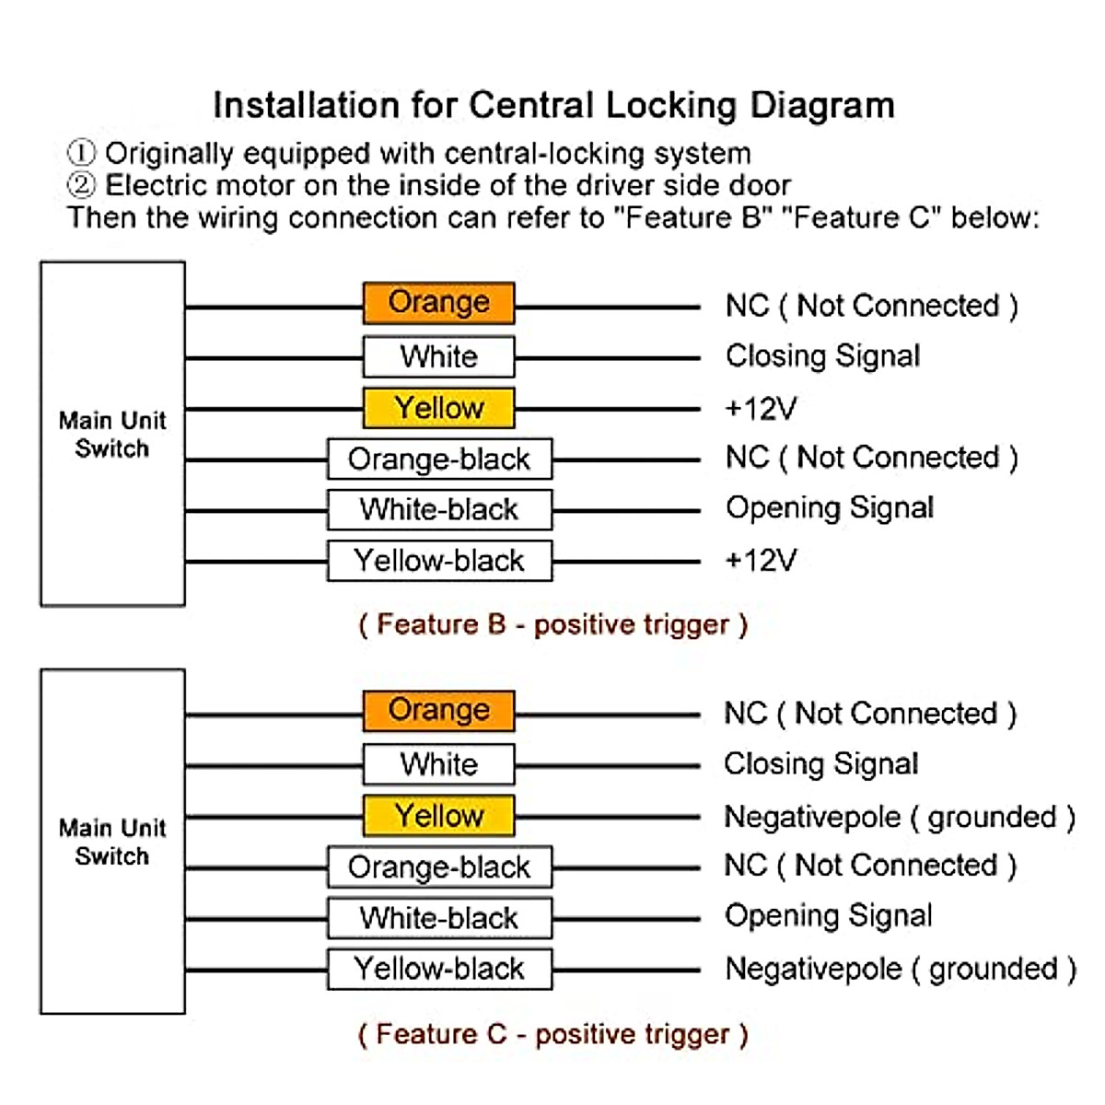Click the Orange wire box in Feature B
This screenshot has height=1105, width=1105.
pos(438,303)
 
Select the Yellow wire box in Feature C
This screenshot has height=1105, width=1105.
pos(438,816)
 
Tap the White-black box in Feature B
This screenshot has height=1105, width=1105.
pos(439,509)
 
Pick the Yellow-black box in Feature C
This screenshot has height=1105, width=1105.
pos(439,969)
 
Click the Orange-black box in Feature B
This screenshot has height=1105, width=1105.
pos(439,459)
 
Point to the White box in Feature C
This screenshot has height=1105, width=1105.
pos(438,764)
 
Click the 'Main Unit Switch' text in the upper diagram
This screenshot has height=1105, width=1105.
pos(112,435)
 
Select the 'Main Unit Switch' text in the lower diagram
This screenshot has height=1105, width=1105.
pos(112,842)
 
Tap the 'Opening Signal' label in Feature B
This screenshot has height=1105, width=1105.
pos(830,508)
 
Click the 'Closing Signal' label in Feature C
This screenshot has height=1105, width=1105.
pos(820,764)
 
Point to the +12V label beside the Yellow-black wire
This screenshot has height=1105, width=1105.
pos(761,560)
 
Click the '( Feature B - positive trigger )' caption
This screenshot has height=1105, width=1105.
pos(552,625)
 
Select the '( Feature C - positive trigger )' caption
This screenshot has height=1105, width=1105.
pos(552,1034)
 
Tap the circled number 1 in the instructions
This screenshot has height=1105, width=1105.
pos(81,153)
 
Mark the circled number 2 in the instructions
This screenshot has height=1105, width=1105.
pos(81,185)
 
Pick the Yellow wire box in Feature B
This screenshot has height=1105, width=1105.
pos(438,408)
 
